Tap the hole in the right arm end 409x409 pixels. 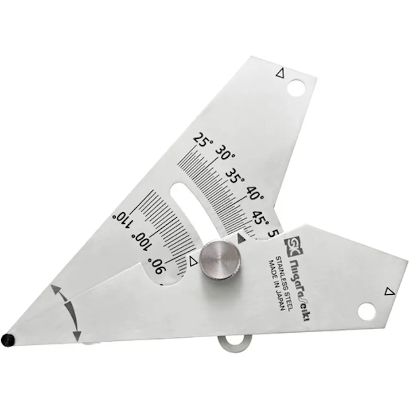(x=366, y=311)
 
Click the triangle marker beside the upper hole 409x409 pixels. (x=279, y=73)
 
